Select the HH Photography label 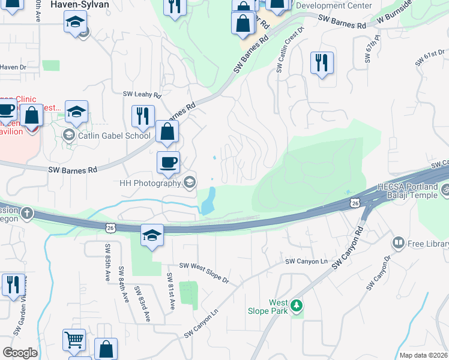[x=150, y=183]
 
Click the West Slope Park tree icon [x=296, y=307]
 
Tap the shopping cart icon [x=74, y=340]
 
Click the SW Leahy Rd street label [x=142, y=95]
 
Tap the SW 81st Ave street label [x=170, y=292]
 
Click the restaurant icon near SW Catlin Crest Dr [x=322, y=63]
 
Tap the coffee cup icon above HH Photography [x=168, y=161]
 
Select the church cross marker [x=27, y=213]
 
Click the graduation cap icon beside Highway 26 [x=152, y=235]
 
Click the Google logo [x=20, y=353]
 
